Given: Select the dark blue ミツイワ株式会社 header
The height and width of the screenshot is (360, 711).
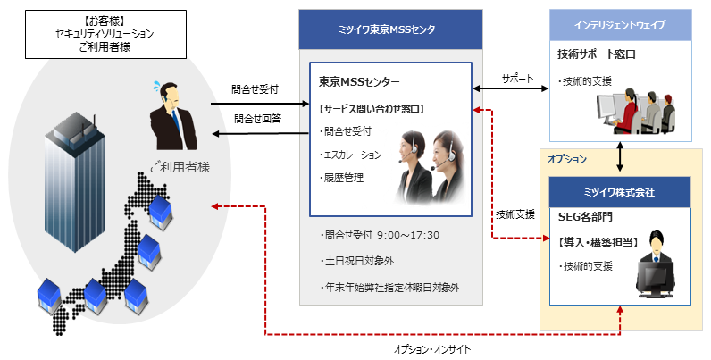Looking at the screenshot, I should coord(619,191).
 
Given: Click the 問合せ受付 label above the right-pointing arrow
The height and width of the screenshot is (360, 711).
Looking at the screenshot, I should coord(255,89).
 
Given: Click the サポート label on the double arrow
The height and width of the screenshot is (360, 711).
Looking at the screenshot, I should coord(518,78).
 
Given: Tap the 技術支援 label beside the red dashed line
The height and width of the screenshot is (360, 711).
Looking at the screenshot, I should coord(515,214).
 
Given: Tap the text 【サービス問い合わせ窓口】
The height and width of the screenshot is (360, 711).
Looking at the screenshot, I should coord(372,109).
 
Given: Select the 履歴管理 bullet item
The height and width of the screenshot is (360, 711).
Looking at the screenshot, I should coord(343,177).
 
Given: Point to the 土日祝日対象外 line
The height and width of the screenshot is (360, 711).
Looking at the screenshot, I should coord(362,262).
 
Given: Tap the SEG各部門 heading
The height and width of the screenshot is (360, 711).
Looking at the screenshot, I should coord(585,216).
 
